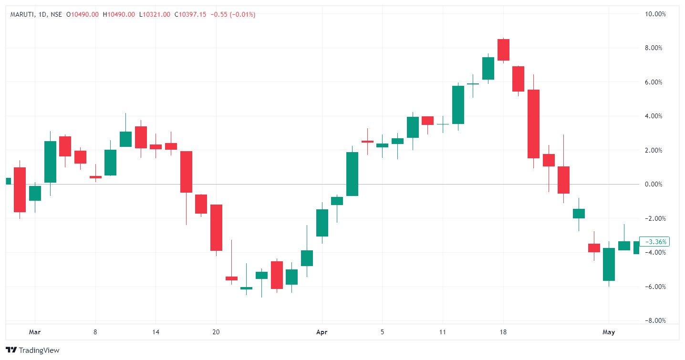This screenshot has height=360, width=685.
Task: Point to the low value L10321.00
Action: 155,15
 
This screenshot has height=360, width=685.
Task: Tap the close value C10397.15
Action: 190,15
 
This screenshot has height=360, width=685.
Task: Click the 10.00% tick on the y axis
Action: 655,14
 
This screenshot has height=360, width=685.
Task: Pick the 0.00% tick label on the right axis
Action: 656,185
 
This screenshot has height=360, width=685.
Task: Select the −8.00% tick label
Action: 655,320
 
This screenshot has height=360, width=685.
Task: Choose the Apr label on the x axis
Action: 322,332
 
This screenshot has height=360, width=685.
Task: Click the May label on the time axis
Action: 609,332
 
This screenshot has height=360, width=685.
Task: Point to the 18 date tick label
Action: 503,332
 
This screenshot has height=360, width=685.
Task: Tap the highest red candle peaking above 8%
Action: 503,50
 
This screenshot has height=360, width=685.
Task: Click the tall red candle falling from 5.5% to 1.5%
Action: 533,123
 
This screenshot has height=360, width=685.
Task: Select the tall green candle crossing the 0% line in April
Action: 352,174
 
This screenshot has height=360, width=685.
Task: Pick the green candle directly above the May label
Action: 609,264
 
